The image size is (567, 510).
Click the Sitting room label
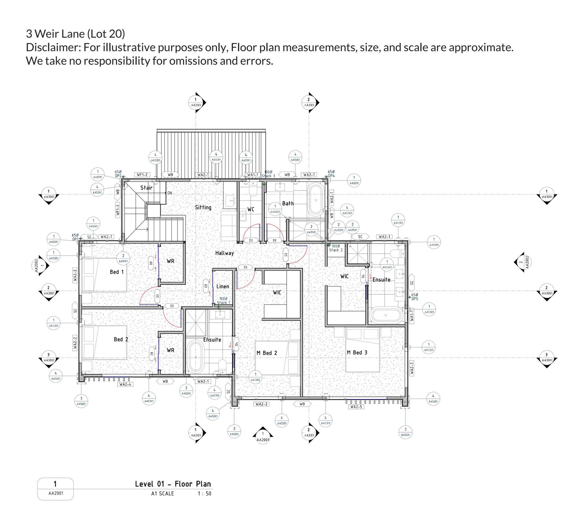pos(203,207)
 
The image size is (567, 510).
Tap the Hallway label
pos(224,253)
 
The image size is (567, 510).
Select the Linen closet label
pos(222,286)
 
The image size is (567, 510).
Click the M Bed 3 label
pos(357,353)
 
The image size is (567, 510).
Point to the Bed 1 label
pos(116,272)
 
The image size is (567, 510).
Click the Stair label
pos(146,188)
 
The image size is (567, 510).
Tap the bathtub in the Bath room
pos(316,200)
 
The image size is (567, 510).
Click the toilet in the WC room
pos(253,189)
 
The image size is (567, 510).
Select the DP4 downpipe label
pos(331,176)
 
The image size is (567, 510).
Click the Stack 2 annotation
pos(336,250)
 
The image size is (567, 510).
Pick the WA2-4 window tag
pos(125,384)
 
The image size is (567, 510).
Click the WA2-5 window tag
pos(356,407)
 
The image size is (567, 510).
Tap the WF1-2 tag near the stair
pos(142,175)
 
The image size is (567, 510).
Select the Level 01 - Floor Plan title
pos(173,484)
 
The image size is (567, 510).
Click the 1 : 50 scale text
pos(204,493)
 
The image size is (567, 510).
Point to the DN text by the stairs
pos(170,193)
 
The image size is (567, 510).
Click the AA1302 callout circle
pos(255,377)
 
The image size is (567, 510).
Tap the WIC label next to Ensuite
pos(344,276)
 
